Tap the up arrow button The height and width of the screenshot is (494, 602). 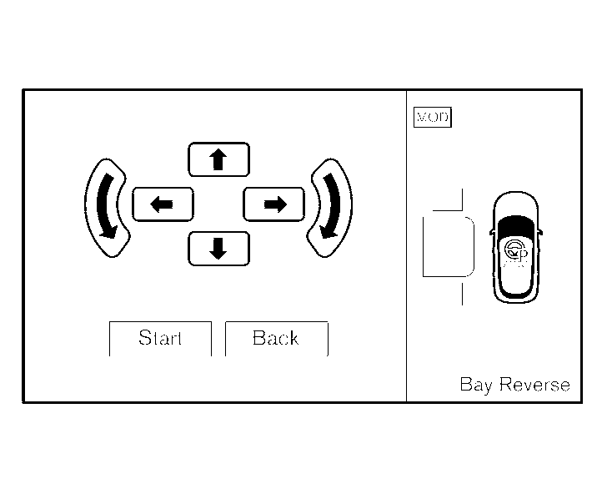218,159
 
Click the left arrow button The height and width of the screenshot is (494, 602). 163,204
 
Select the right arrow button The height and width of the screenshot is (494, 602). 273,204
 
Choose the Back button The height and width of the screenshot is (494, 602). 276,338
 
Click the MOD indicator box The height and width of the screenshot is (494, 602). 432,118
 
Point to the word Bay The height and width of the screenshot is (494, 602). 475,385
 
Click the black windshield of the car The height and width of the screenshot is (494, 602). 515,224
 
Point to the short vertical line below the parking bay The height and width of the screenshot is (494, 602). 462,293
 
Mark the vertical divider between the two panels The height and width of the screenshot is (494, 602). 406,246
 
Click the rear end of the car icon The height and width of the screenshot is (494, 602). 515,294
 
